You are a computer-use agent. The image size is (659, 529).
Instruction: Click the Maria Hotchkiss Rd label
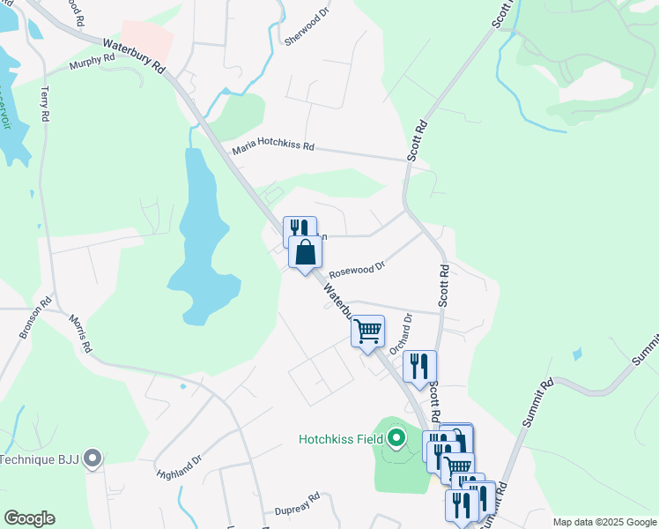click(x=273, y=149)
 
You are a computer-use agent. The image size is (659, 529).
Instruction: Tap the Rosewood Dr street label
click(x=357, y=267)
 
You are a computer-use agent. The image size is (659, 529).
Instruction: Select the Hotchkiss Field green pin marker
click(x=396, y=436)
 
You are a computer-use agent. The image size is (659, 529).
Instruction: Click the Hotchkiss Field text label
click(x=341, y=437)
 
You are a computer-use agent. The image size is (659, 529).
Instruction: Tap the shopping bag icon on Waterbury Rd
click(x=305, y=252)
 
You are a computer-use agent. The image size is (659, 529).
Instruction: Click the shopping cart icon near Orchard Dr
click(x=367, y=332)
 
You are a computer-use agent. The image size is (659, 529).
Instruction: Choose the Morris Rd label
click(x=80, y=334)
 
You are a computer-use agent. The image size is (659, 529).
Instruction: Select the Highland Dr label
click(x=180, y=465)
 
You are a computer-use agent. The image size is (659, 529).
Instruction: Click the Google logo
click(x=28, y=518)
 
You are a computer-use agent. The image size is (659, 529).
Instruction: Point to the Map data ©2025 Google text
click(x=605, y=522)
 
